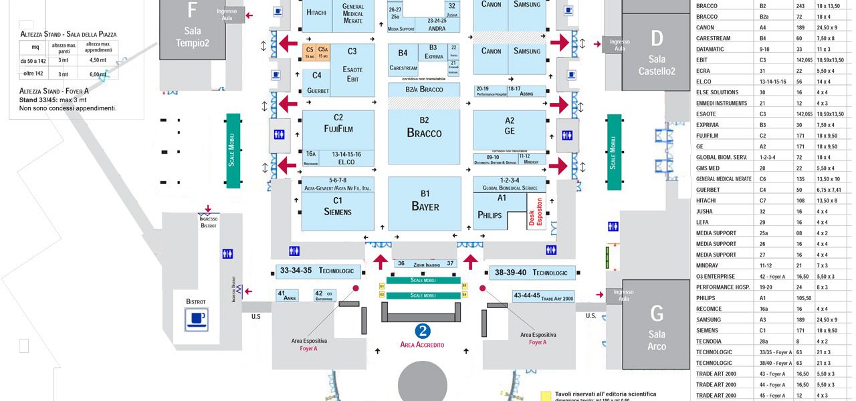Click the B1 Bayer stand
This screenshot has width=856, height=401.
click(425, 202)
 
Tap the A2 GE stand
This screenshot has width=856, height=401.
click(510, 127)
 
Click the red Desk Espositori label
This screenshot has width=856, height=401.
click(536, 213)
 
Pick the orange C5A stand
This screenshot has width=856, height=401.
click(323, 52)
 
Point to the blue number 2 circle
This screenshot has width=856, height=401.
click(422, 331)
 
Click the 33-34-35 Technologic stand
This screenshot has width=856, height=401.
click(320, 271)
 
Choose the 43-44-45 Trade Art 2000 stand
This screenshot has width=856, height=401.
click(543, 296)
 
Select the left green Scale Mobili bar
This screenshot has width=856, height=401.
click(233, 150)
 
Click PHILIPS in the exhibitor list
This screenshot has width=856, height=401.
click(706, 298)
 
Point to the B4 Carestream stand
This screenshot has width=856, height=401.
click(403, 60)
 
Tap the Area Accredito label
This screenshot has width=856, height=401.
click(422, 345)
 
